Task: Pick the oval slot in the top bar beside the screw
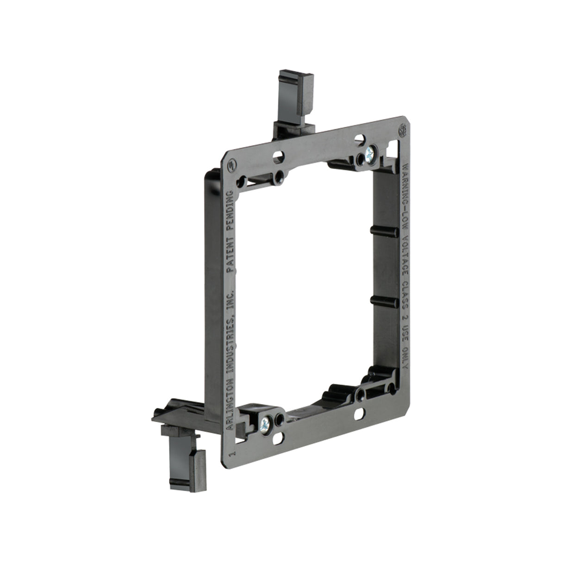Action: coord(359,138)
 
